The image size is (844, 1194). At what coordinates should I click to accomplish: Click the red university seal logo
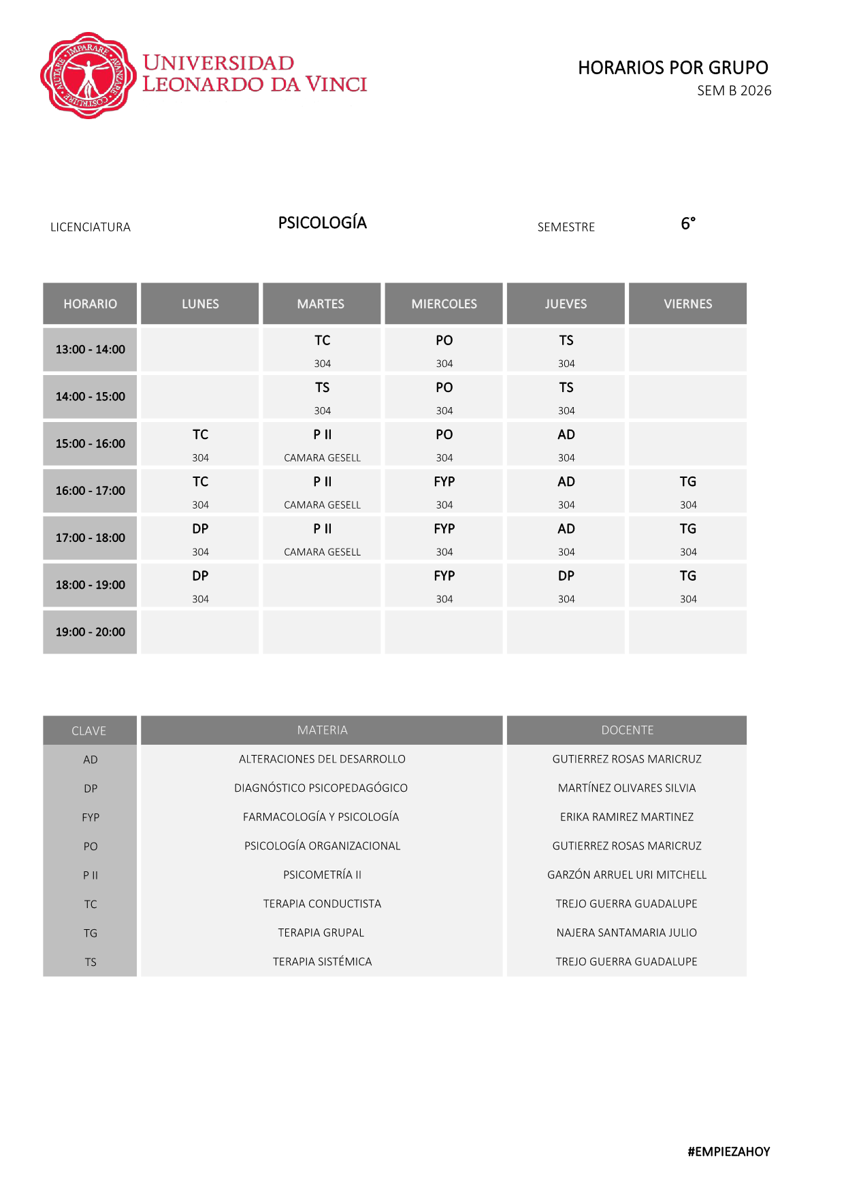point(86,76)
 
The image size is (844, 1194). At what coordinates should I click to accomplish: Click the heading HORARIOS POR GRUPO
point(672,67)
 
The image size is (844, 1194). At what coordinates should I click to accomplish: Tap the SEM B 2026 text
point(734,91)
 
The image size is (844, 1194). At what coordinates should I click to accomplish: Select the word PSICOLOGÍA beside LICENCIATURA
point(322,223)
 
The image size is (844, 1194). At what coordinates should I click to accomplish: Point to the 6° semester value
point(687,223)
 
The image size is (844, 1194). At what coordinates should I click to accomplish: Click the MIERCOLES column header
point(444,304)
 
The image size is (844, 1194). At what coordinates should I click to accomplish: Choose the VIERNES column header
point(687,304)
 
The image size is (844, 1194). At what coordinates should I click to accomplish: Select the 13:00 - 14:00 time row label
point(90,349)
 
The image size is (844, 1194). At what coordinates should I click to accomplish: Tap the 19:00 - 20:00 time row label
point(90,632)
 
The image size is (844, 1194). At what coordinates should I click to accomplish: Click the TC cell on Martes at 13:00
point(322,349)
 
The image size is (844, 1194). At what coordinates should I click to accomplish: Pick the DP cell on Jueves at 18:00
point(566,585)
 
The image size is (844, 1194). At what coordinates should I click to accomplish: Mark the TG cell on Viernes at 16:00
point(687,491)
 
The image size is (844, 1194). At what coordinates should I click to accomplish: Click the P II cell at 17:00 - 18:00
point(322,538)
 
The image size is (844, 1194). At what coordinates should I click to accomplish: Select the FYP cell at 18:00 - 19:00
point(444,585)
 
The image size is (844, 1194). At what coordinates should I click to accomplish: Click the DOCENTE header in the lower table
point(627,730)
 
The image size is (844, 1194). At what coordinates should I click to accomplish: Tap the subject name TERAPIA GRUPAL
point(321,933)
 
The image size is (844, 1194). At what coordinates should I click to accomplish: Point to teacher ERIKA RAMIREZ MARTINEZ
point(627,817)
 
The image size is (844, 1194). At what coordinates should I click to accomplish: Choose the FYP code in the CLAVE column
point(90,818)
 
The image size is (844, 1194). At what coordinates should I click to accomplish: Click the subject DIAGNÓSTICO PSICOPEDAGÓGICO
point(321,788)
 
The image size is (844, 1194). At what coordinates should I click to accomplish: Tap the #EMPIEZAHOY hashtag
point(728,1151)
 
